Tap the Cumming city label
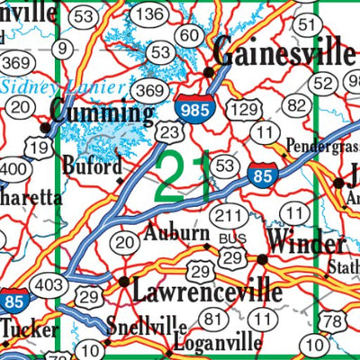102,112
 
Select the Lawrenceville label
206,292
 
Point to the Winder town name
307,245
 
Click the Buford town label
93,166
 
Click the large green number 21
184,176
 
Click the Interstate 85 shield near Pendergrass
263,175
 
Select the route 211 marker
231,216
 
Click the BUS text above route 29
230,238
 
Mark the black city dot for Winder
262,259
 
